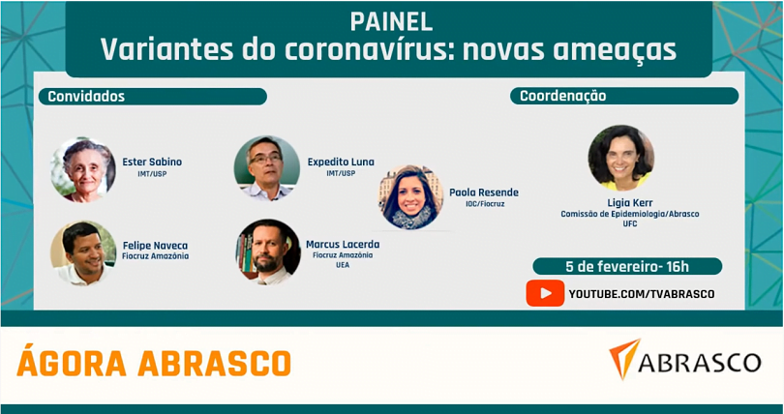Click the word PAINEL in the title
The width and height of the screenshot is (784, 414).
(x=391, y=21)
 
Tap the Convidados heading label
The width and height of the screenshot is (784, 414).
(x=86, y=97)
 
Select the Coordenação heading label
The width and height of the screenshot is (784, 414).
(x=563, y=96)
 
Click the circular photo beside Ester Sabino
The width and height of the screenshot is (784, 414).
(x=83, y=170)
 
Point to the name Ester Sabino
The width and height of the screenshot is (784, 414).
(x=152, y=162)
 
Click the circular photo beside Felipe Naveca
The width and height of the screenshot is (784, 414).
(x=83, y=253)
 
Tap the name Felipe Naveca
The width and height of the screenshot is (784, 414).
(x=156, y=246)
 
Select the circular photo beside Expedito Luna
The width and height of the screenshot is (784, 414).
(x=267, y=168)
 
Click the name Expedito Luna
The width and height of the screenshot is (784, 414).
(x=341, y=163)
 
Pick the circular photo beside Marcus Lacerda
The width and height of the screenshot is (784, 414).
(x=268, y=252)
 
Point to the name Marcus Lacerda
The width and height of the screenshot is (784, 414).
(x=343, y=245)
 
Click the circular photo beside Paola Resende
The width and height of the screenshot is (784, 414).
(x=410, y=197)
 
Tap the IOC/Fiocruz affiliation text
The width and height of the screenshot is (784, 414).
(x=485, y=204)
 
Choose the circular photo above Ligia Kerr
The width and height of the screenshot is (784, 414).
(x=621, y=158)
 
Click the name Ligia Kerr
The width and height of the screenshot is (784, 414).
(x=630, y=203)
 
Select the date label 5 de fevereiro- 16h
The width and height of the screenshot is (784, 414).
(x=627, y=267)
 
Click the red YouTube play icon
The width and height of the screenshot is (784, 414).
(x=545, y=293)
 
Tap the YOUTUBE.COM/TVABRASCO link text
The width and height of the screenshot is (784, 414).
(x=642, y=294)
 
